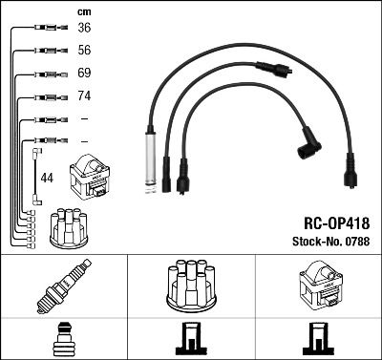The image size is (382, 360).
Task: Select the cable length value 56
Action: click(84, 50)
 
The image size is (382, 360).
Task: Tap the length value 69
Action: click(84, 73)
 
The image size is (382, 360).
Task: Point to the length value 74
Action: click(84, 96)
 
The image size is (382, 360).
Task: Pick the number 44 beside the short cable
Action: click(47, 178)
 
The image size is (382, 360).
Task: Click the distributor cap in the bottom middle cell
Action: click(190, 284)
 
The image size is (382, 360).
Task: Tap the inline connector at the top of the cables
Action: click(275, 69)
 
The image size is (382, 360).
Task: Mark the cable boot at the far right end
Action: click(351, 179)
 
